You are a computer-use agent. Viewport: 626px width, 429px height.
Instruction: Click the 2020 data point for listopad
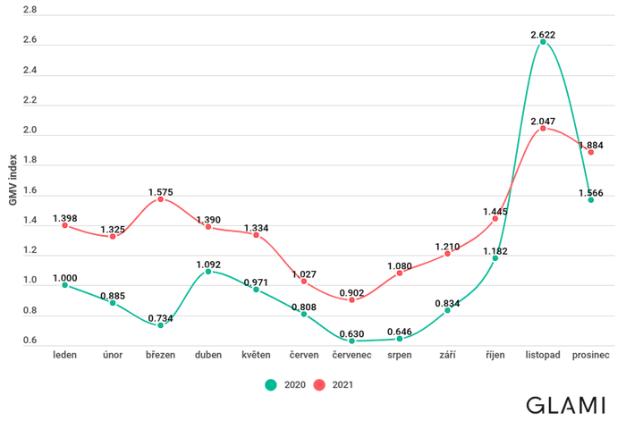pyautogui.click(x=543, y=42)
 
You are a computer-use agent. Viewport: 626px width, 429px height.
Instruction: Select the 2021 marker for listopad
pyautogui.click(x=543, y=129)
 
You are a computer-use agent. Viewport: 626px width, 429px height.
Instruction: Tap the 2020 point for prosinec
pyautogui.click(x=590, y=200)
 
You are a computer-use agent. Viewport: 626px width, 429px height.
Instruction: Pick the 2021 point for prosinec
pyautogui.click(x=591, y=153)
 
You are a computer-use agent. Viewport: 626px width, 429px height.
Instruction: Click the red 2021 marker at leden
pyautogui.click(x=65, y=225)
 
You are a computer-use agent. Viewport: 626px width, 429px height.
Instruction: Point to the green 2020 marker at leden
pyautogui.click(x=65, y=285)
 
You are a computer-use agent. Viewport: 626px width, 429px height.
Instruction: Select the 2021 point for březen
pyautogui.click(x=161, y=199)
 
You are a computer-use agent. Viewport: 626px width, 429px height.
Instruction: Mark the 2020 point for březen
pyautogui.click(x=161, y=326)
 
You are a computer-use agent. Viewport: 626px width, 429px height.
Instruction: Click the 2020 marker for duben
pyautogui.click(x=208, y=271)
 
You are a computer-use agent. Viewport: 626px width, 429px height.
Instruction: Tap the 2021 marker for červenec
pyautogui.click(x=351, y=300)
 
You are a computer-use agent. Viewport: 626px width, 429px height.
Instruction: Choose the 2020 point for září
pyautogui.click(x=447, y=310)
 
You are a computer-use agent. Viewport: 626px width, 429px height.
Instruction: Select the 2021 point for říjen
pyautogui.click(x=495, y=218)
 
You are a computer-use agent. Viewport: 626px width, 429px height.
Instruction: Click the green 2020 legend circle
pyautogui.click(x=271, y=385)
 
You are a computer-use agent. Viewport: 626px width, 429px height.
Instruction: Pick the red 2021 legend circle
pyautogui.click(x=319, y=385)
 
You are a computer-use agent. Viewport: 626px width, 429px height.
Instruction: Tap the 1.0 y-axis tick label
pyautogui.click(x=30, y=281)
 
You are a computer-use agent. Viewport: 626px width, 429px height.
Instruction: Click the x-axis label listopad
pyautogui.click(x=543, y=355)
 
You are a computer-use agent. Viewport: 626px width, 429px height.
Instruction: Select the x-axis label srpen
pyautogui.click(x=400, y=355)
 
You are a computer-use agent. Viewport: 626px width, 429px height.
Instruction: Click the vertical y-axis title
pyautogui.click(x=12, y=179)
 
